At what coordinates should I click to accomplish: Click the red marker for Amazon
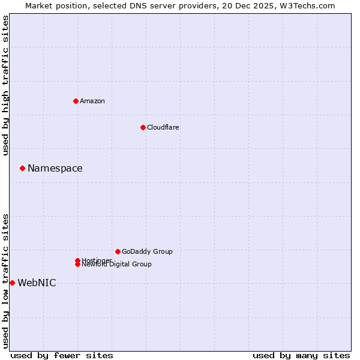click(x=76, y=101)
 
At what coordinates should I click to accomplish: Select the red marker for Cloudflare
click(x=143, y=127)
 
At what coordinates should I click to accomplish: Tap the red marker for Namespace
click(x=22, y=168)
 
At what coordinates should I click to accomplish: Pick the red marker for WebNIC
click(x=12, y=283)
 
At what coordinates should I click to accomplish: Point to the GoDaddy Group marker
click(x=118, y=251)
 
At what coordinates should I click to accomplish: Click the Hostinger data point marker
click(x=77, y=260)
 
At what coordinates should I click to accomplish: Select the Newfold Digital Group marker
click(x=77, y=265)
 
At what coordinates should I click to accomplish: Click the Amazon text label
click(x=92, y=101)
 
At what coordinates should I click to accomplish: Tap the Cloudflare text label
click(x=163, y=127)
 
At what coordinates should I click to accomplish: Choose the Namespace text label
click(x=55, y=168)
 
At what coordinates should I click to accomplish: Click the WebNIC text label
click(x=37, y=283)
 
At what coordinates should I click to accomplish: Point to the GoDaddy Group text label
click(x=147, y=251)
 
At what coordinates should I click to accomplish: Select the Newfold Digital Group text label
click(x=117, y=265)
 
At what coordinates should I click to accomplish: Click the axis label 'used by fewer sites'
click(x=62, y=355)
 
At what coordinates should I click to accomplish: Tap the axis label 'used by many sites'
click(x=301, y=355)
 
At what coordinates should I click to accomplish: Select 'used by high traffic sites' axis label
click(x=5, y=85)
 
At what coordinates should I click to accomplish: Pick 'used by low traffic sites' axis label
click(x=5, y=281)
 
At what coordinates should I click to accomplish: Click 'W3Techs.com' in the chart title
click(x=306, y=5)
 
